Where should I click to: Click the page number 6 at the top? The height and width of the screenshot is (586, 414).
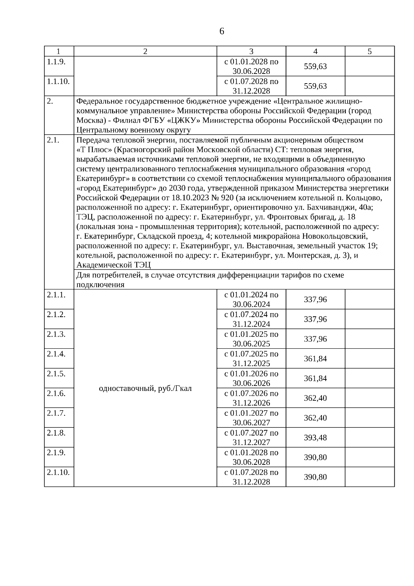(x=221, y=31)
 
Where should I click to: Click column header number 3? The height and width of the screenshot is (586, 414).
(x=251, y=51)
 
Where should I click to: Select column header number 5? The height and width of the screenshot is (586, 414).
(x=369, y=51)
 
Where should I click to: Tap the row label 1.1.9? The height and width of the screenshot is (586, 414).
(x=56, y=61)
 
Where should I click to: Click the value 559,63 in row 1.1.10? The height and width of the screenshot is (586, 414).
(x=315, y=86)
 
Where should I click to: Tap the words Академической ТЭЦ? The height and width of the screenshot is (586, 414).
(x=114, y=265)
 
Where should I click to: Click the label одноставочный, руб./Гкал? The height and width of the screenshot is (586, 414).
(x=145, y=388)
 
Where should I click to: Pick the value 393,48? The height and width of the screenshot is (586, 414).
(x=315, y=438)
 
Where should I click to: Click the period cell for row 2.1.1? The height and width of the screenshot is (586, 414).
(x=251, y=299)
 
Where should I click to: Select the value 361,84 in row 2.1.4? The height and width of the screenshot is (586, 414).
(x=315, y=358)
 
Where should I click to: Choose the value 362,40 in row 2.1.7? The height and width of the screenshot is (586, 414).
(x=315, y=418)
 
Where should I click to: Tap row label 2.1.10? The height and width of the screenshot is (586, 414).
(x=58, y=472)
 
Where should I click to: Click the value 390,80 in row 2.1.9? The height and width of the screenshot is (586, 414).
(x=315, y=457)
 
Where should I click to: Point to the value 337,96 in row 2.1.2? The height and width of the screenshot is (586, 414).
(x=315, y=319)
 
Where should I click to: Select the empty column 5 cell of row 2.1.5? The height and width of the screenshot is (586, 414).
(x=369, y=378)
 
